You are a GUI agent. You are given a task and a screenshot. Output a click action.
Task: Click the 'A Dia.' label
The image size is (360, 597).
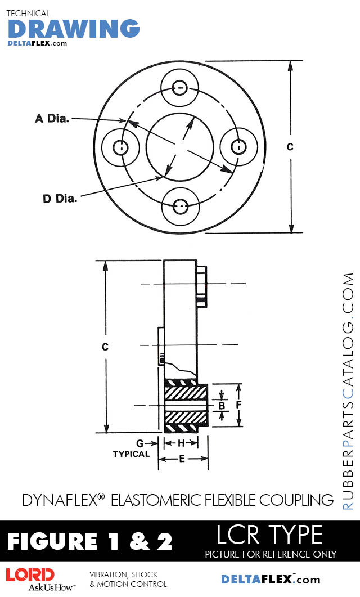click(52, 118)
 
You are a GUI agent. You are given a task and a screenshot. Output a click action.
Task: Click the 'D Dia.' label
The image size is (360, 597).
click(60, 198)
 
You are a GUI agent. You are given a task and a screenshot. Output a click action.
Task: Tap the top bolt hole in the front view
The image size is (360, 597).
click(180, 87)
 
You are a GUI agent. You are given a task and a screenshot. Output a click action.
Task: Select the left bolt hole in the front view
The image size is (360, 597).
click(120, 147)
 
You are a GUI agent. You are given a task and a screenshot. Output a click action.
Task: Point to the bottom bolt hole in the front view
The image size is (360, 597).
click(180, 207)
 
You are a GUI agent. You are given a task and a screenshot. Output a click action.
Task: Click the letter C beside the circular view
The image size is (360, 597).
click(290, 147)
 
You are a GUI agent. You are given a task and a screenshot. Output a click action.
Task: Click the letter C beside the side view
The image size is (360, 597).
click(105, 347)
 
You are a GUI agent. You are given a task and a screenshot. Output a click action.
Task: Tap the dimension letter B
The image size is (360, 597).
click(222, 405)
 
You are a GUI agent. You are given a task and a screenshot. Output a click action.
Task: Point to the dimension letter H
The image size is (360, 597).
click(181, 443)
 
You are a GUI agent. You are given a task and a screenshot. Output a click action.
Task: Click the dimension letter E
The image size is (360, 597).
click(182, 459)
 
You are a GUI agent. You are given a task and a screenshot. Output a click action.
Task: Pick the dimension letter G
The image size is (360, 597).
click(140, 443)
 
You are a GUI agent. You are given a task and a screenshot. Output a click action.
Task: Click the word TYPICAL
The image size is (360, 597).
click(131, 454)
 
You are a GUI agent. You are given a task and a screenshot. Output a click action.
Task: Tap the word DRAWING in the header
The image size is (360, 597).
click(74, 28)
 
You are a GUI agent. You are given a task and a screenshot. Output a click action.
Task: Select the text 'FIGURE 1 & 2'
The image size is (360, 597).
click(89, 541)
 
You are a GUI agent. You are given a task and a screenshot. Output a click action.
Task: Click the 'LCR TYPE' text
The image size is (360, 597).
click(269, 534)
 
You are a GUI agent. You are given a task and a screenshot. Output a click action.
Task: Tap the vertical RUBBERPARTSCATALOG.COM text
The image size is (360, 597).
click(348, 391)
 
